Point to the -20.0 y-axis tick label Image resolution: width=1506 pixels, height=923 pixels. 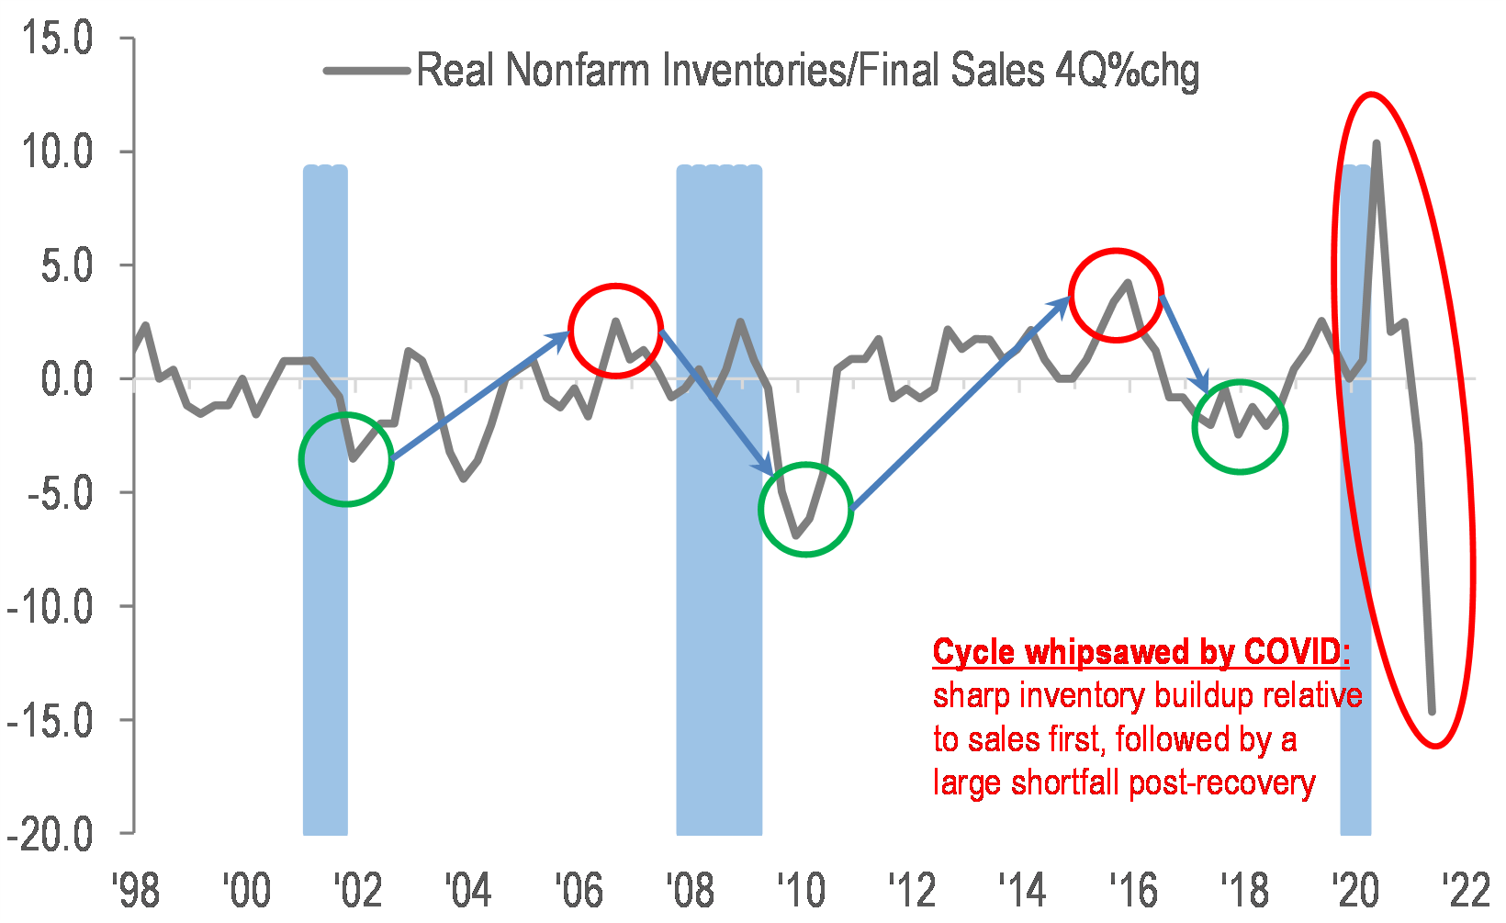pyautogui.click(x=51, y=834)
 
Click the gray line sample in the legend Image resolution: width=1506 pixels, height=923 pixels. pyautogui.click(x=366, y=71)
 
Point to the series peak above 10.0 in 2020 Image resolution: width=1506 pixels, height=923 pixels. pyautogui.click(x=1376, y=142)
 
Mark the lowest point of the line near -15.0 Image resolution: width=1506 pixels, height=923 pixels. pyautogui.click(x=1432, y=712)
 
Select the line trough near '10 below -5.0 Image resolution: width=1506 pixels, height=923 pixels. pyautogui.click(x=796, y=536)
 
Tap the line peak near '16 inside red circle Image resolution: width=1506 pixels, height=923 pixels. pyautogui.click(x=1129, y=282)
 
